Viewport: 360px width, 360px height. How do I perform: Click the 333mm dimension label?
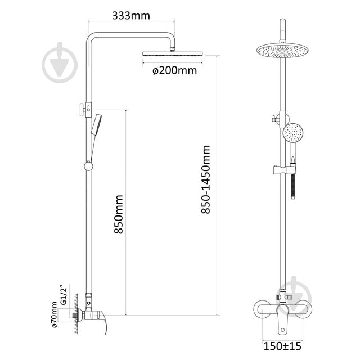pos(131,16)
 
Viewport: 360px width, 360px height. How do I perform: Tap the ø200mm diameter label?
pos(175,70)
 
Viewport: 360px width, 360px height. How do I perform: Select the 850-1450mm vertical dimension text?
pos(206,179)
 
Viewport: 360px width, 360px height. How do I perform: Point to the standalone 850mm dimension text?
pos(119,214)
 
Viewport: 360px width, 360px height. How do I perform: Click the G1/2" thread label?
pos(63,295)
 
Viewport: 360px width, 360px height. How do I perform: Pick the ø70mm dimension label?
pos(54,315)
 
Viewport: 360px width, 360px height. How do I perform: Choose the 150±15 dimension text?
pos(282,346)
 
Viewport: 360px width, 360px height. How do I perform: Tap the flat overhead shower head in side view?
pos(173,53)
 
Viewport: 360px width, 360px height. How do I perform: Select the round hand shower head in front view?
pos(293,133)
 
